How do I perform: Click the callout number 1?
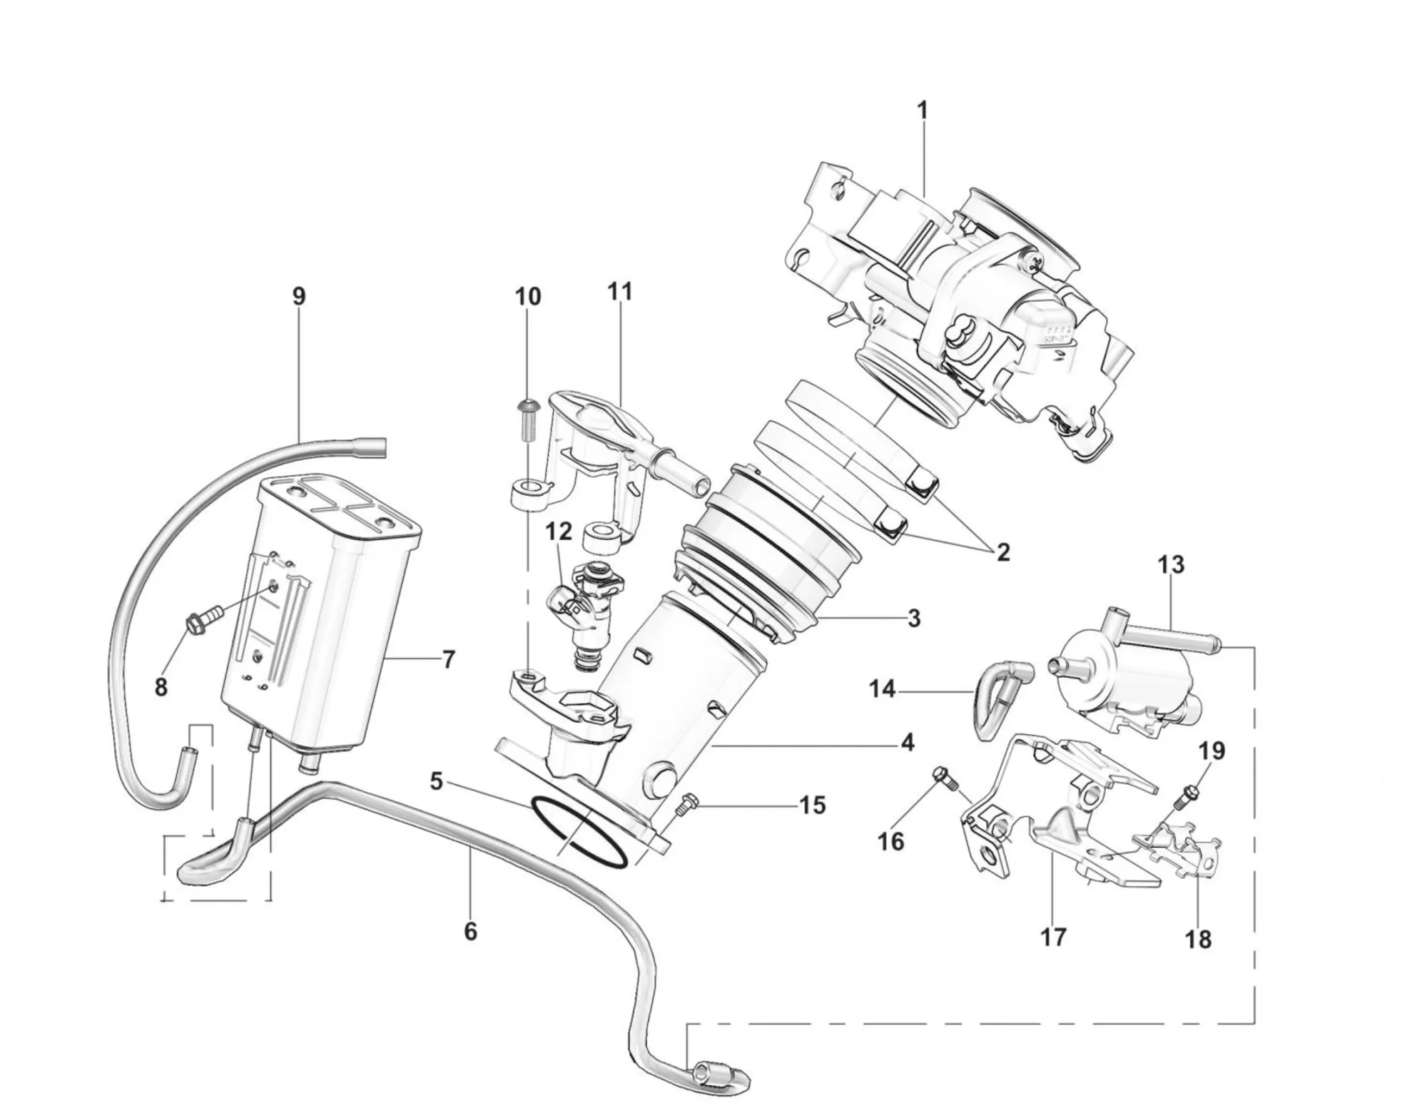pos(922,111)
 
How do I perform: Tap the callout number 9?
pos(299,296)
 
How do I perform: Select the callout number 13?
pos(1172,565)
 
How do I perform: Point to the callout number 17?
pos(1053,936)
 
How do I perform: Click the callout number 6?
pos(470,931)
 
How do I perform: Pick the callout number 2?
pos(1003,552)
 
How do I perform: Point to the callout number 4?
pos(907,743)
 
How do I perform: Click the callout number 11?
pos(620,293)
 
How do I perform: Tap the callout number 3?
pos(914,618)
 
